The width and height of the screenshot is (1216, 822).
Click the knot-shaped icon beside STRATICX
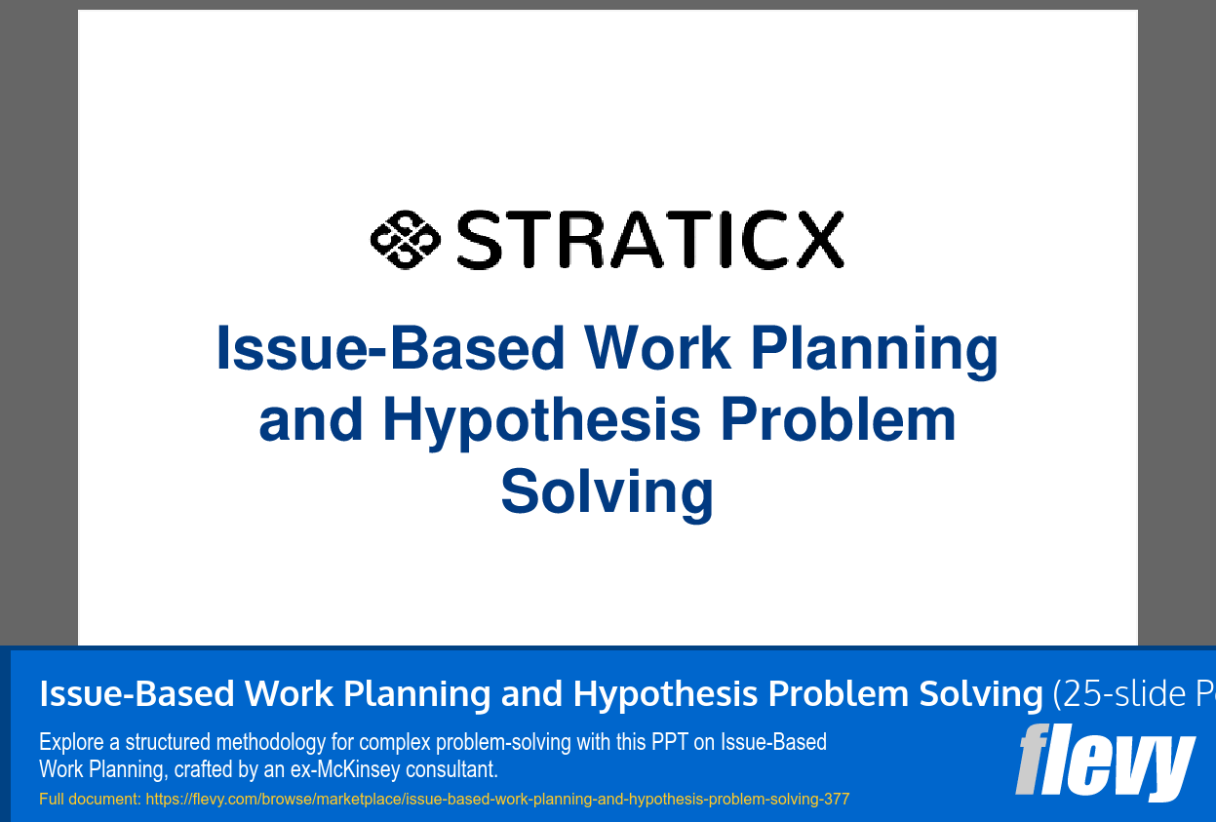tap(405, 239)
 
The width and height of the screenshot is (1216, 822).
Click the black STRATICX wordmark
tap(648, 240)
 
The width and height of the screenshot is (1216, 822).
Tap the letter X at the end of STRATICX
tap(814, 240)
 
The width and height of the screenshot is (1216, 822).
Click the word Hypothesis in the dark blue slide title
tap(541, 420)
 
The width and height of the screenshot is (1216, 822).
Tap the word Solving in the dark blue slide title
tap(607, 491)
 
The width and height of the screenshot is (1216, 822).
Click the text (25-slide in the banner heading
tap(1107, 694)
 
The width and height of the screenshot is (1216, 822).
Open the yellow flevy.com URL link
tap(497, 800)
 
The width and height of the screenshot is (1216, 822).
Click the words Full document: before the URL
tap(90, 800)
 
